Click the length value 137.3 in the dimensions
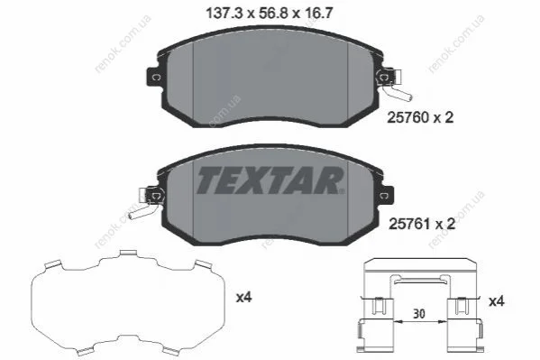[x=224, y=14]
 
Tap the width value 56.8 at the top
[x=273, y=14]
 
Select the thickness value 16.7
[x=317, y=14]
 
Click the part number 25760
[x=407, y=117]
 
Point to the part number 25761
[x=409, y=224]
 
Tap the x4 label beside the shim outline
[x=243, y=297]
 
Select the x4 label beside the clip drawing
[x=497, y=301]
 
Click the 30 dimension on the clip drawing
[x=419, y=314]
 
